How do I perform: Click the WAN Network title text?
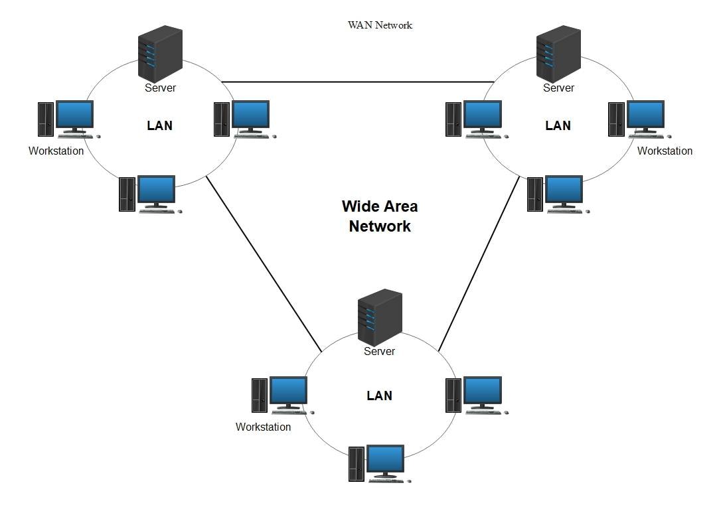[380, 25]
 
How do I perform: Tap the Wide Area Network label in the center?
[380, 216]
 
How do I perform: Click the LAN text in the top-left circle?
[159, 125]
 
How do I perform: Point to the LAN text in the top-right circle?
[558, 125]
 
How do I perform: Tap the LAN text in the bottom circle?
[379, 396]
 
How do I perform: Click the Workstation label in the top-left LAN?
[56, 151]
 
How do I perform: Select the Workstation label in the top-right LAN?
[665, 151]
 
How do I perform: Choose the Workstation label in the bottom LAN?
[263, 427]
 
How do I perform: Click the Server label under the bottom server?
[380, 351]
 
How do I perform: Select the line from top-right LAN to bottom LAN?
[479, 263]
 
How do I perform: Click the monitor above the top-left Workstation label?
[74, 115]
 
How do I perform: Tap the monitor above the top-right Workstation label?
[645, 115]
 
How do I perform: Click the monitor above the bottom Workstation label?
[288, 392]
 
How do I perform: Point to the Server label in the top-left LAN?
[160, 88]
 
